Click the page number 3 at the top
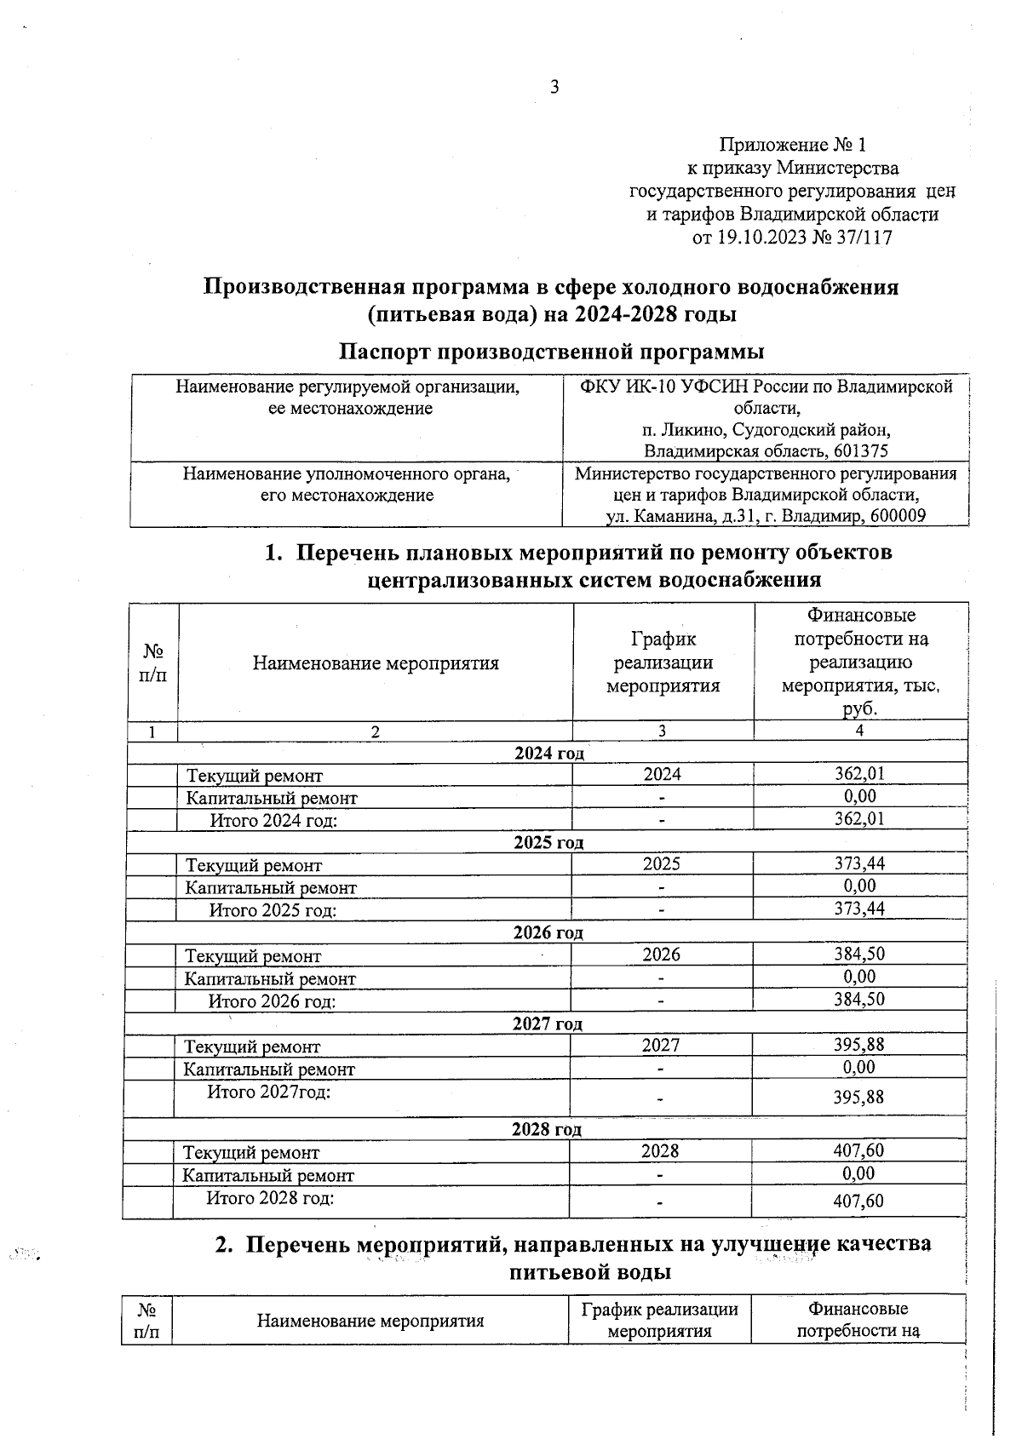click(554, 87)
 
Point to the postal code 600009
click(895, 516)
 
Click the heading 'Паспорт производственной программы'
click(552, 352)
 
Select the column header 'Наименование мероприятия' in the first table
click(376, 663)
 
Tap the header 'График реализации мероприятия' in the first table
click(663, 662)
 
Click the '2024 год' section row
click(549, 753)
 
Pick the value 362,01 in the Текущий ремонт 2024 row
click(859, 774)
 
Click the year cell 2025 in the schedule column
click(662, 864)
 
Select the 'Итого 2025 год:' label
click(273, 910)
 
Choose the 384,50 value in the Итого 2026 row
click(859, 1000)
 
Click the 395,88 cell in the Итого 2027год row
click(858, 1098)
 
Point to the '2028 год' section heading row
click(547, 1130)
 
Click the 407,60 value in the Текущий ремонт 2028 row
click(858, 1151)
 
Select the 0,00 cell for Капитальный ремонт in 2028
click(858, 1174)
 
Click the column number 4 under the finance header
click(860, 731)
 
